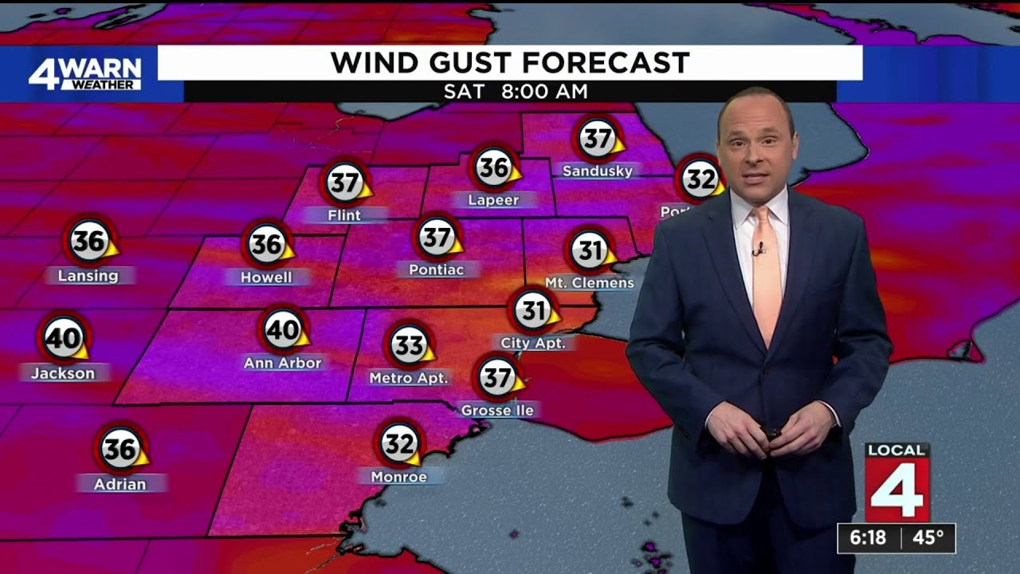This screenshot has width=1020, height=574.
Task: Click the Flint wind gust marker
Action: (x=345, y=183)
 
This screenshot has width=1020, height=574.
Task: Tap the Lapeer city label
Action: (x=493, y=200)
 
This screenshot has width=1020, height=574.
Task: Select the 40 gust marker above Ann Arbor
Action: (x=283, y=329)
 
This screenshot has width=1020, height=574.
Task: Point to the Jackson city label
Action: (x=63, y=373)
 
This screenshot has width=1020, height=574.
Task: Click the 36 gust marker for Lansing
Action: (x=89, y=241)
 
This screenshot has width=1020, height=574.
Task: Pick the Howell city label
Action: (x=266, y=277)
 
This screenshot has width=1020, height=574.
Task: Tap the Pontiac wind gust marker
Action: (x=437, y=237)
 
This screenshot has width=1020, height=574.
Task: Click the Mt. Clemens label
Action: (x=590, y=283)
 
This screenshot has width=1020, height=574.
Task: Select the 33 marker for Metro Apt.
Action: (x=410, y=345)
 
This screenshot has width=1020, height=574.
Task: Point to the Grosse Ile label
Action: (x=498, y=411)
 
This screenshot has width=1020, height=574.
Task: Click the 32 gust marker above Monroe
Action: (x=399, y=442)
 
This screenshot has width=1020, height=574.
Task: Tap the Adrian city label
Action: (x=120, y=484)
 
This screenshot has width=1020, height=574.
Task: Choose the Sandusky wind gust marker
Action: (x=597, y=140)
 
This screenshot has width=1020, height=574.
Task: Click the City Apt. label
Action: (x=533, y=344)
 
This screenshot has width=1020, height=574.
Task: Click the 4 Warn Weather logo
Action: (x=84, y=73)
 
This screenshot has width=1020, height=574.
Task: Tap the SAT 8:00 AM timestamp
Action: (x=516, y=92)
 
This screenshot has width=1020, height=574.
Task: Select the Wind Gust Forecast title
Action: (x=510, y=62)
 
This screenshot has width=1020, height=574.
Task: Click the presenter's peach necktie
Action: (x=767, y=271)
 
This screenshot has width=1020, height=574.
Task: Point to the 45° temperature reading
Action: (x=928, y=538)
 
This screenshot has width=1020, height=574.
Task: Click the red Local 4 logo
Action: (x=897, y=482)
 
